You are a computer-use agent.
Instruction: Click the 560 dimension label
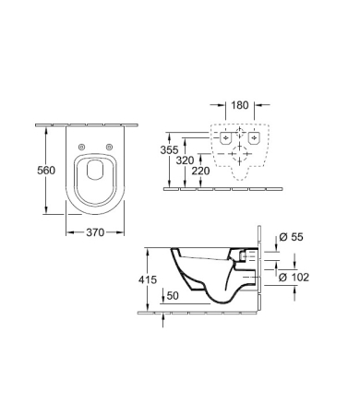click(46, 170)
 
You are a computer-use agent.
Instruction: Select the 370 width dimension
click(95, 232)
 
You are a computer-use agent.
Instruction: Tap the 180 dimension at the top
click(240, 105)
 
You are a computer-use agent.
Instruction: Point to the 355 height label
click(169, 150)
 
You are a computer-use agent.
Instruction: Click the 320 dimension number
click(185, 160)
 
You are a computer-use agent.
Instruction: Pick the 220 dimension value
click(200, 171)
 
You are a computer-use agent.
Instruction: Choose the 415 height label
click(148, 279)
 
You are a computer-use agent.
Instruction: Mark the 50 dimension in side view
click(173, 296)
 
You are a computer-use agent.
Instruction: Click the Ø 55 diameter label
click(291, 237)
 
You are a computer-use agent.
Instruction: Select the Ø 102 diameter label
click(294, 278)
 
